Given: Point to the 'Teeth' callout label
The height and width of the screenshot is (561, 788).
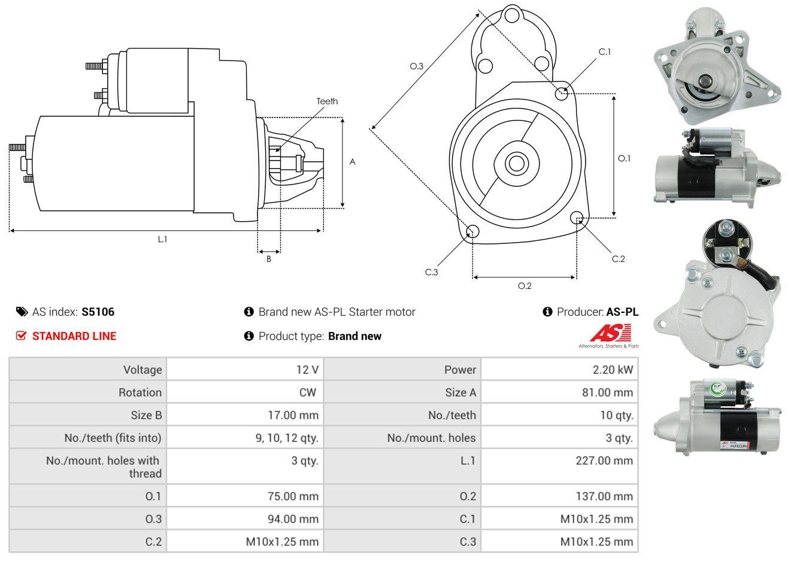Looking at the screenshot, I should click(327, 101).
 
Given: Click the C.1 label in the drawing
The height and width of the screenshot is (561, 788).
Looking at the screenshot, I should click(605, 52).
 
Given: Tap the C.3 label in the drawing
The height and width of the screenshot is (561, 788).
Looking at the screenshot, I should click(431, 272).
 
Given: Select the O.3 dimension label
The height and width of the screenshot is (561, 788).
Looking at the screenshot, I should click(417, 66).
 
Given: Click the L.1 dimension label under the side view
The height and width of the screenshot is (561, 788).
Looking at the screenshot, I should click(162, 239).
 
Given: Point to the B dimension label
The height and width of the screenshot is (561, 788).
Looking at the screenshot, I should click(269, 260).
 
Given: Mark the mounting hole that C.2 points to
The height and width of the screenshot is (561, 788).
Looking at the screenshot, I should click(577, 218).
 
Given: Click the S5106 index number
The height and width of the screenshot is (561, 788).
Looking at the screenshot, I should click(98, 312).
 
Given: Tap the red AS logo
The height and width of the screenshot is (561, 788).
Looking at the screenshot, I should click(610, 333).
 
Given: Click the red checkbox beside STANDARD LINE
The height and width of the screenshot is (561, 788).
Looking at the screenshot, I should click(21, 336).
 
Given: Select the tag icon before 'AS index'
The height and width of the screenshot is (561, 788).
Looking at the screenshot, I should click(22, 312).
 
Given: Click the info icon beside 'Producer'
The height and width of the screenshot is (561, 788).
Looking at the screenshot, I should click(547, 312).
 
